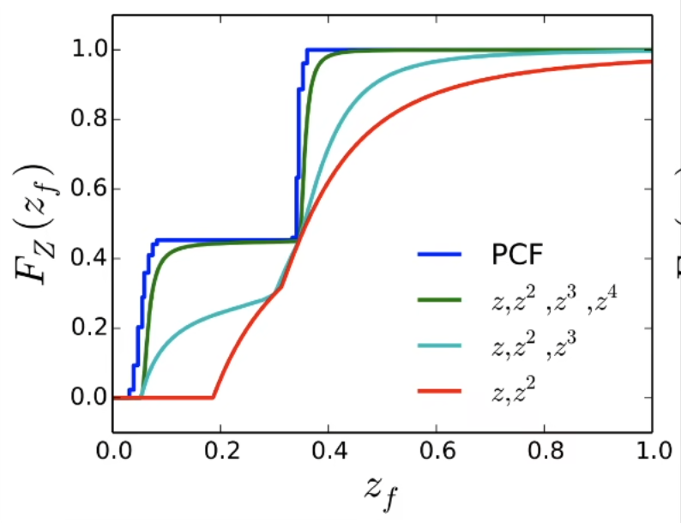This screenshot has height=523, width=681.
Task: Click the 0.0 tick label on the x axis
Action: click(x=112, y=451)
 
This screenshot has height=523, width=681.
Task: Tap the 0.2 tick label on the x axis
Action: click(x=220, y=451)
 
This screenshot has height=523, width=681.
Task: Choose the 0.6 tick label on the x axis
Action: click(x=437, y=451)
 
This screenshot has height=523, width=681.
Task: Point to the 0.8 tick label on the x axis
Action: click(x=545, y=451)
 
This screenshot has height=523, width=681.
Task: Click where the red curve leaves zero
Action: click(x=213, y=397)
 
